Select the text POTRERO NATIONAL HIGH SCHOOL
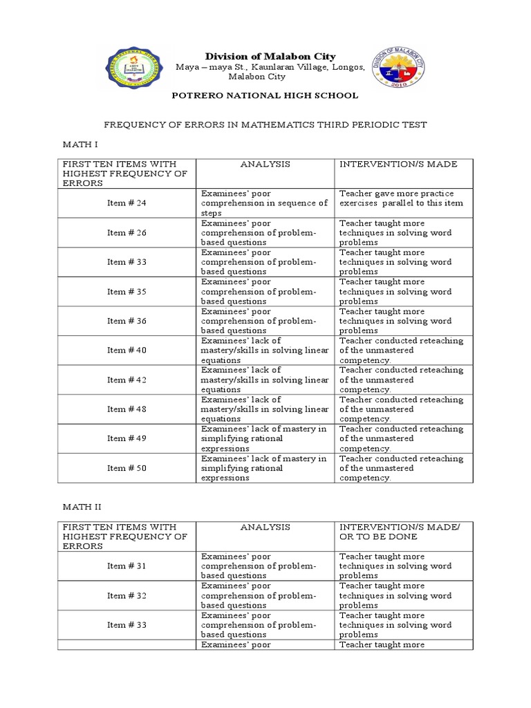coord(265,95)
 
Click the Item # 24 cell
coord(127,203)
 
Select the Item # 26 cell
coord(127,233)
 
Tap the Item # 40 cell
coord(127,351)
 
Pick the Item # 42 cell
coord(127,380)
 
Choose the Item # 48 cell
coord(127,409)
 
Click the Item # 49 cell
coord(127,438)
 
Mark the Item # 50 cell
coord(127,468)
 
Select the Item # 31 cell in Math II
coord(127,566)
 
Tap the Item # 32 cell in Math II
coord(127,595)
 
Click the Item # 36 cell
coord(127,321)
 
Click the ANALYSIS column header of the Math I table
coord(265,164)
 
